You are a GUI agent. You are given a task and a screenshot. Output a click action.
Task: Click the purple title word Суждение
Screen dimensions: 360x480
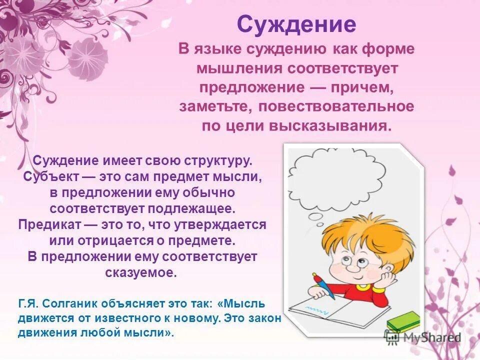click(296, 23)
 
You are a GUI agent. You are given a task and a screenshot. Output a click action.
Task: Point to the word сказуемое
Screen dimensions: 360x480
click(141, 273)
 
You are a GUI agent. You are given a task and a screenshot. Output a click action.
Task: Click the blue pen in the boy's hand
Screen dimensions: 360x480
click(323, 285)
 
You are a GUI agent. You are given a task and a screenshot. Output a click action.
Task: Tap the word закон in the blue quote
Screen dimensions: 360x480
click(265, 318)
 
